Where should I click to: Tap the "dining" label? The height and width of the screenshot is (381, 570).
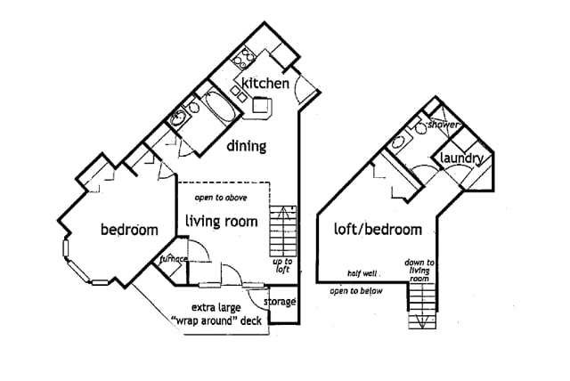point(247,145)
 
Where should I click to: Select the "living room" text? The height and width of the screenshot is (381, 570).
point(222,221)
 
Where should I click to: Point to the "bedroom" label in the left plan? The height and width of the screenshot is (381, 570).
point(129,230)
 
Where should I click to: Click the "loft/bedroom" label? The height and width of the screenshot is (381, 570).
point(378,229)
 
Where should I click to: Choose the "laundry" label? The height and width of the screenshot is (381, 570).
point(462,159)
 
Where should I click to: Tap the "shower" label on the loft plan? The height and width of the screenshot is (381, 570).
point(443,126)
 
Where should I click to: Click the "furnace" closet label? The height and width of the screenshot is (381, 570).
point(173,259)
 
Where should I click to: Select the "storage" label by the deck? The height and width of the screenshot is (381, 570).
point(279,302)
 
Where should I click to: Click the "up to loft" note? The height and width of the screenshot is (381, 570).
point(282,265)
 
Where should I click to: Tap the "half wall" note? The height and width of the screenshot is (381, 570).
point(365,274)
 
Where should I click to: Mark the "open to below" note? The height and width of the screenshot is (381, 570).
point(355,291)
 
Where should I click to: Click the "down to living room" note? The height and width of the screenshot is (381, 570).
point(419,271)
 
